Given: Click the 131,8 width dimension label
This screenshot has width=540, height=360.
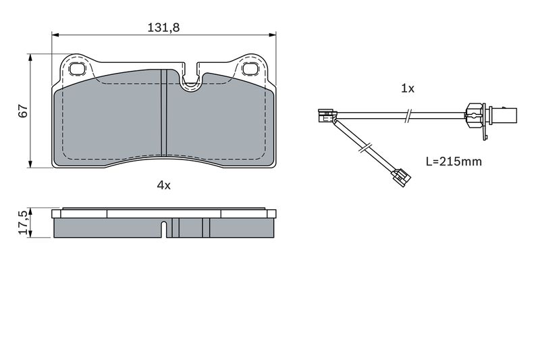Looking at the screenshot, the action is tap(163, 27).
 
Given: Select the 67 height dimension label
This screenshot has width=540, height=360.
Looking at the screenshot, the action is tap(23, 111).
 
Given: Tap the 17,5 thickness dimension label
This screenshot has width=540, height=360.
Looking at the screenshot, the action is tap(23, 222).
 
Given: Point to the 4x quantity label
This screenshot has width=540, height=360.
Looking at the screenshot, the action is tap(164, 185).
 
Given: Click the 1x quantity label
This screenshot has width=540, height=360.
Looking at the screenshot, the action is tap(408, 88).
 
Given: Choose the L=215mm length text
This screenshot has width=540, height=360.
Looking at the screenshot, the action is tap(454, 161).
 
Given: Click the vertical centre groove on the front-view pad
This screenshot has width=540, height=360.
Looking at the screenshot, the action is tap(164, 113).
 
